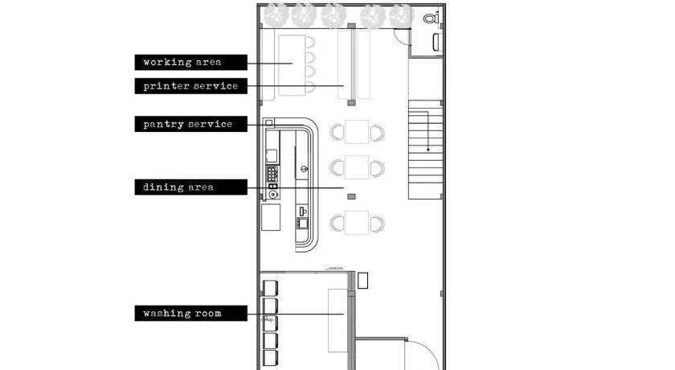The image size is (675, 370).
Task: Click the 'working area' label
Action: click(x=190, y=63)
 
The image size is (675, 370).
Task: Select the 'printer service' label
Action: click(x=190, y=86)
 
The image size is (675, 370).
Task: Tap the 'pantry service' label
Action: click(x=190, y=124)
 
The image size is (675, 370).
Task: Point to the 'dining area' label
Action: click(x=190, y=187)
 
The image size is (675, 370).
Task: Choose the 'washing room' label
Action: click(x=190, y=314)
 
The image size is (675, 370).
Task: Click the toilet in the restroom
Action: click(x=431, y=18)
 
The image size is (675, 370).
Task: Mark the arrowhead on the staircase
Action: click(x=427, y=150)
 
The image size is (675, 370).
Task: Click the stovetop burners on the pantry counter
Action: click(x=272, y=174)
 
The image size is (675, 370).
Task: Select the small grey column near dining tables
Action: click(x=351, y=197)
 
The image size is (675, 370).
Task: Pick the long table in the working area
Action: click(x=292, y=65)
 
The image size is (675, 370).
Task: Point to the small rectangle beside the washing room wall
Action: click(x=363, y=281)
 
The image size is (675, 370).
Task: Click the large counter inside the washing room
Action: click(x=338, y=320)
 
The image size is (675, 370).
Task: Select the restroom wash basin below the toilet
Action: click(x=436, y=42)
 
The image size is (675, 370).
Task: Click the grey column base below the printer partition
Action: click(x=351, y=102)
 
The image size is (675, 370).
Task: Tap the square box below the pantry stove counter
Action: click(x=271, y=217)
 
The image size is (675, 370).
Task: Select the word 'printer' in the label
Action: click(x=166, y=86)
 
